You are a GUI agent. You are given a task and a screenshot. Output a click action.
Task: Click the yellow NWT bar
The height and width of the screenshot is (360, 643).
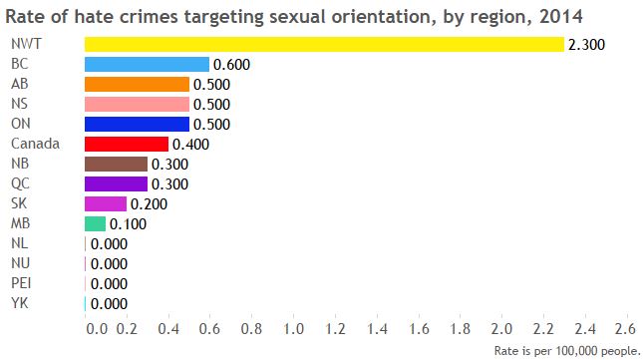click(324, 44)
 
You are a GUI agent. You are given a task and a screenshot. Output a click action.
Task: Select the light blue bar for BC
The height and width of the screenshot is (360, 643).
click(147, 64)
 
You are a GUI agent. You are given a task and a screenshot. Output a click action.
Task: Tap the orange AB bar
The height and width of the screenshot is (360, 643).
click(137, 84)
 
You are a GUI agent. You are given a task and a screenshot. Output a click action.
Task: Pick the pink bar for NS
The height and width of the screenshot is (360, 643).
click(137, 104)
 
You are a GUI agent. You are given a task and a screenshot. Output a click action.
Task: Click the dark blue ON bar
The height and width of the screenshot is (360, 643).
click(137, 124)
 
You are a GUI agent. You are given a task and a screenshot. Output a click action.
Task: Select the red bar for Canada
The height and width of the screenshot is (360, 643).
click(127, 144)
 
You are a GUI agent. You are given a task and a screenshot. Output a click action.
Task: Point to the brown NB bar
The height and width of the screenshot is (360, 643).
click(116, 164)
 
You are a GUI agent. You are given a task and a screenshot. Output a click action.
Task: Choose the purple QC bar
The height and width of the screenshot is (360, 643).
click(116, 183)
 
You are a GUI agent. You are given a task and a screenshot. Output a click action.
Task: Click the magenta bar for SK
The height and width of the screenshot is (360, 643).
click(106, 203)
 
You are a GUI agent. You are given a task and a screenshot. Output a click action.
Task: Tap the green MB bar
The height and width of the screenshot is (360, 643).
click(95, 223)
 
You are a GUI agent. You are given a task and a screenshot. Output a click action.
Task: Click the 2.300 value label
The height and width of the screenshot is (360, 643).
click(586, 45)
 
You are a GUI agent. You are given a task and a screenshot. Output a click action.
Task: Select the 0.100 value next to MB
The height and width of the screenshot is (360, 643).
click(128, 224)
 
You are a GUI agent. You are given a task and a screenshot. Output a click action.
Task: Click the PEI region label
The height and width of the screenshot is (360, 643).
click(21, 283)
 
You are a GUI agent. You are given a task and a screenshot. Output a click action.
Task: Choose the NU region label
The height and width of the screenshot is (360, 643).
click(19, 263)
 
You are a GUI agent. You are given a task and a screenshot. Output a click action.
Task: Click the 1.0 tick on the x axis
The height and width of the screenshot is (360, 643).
click(293, 328)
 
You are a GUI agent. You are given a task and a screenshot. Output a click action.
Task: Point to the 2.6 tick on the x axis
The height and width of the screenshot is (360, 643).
click(625, 328)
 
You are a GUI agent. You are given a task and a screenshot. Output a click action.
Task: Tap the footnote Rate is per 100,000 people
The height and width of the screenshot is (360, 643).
click(567, 350)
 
